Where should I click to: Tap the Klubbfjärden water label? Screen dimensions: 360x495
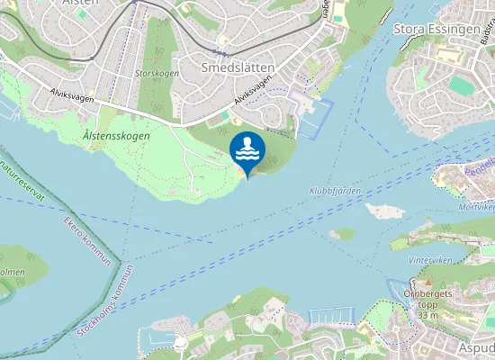pyautogui.click(x=334, y=191)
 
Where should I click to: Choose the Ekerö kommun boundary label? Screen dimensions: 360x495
pyautogui.click(x=87, y=240)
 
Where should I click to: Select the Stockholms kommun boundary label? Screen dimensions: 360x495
pyautogui.click(x=105, y=301)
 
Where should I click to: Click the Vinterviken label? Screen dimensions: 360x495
pyautogui.click(x=427, y=259)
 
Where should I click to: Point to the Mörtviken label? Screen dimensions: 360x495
pyautogui.click(x=476, y=206)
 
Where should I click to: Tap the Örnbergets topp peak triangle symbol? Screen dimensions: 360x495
pyautogui.click(x=427, y=283)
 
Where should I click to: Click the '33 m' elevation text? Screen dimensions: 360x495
pyautogui.click(x=427, y=315)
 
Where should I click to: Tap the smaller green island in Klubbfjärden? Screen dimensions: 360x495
pyautogui.click(x=342, y=233)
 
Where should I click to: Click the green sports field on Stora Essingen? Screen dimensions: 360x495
pyautogui.click(x=461, y=85)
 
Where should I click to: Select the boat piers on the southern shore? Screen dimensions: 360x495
pyautogui.click(x=326, y=317)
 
